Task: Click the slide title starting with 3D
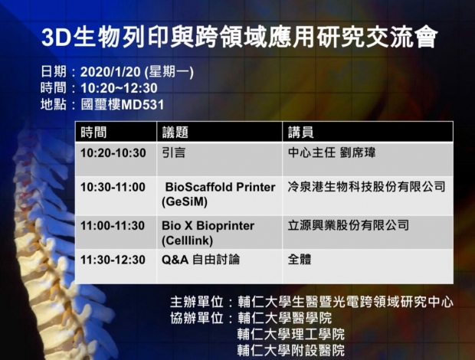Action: click(239, 38)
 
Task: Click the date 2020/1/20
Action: click(110, 72)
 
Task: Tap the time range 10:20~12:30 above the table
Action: click(119, 88)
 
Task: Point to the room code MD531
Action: click(142, 105)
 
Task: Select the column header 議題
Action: click(175, 133)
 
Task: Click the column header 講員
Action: click(301, 133)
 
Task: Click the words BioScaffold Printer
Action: click(220, 187)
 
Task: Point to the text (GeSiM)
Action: click(185, 202)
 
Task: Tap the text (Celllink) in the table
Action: click(187, 241)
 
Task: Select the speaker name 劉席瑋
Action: click(358, 152)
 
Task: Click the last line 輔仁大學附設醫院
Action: click(291, 350)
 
